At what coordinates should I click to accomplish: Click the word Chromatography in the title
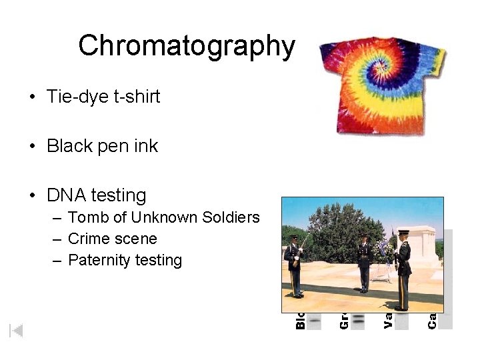tap(186, 47)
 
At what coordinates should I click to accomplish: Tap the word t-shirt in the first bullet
tap(136, 97)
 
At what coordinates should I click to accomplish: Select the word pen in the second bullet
tap(112, 146)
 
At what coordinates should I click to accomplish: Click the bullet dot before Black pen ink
tap(32, 147)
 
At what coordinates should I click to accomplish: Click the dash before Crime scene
tap(57, 239)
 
